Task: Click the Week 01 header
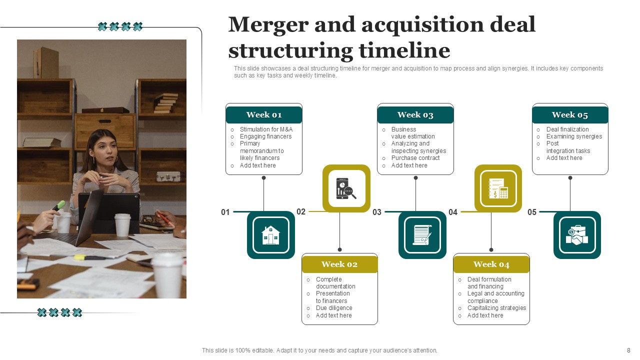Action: click(x=264, y=115)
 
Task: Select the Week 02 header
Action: click(x=339, y=264)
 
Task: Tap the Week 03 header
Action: click(x=415, y=115)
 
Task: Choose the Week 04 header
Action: click(x=491, y=264)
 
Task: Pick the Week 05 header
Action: click(x=570, y=115)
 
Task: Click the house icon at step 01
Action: click(x=271, y=235)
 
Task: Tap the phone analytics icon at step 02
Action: click(x=346, y=188)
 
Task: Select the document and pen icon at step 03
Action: click(x=422, y=235)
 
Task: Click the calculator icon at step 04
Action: click(x=498, y=188)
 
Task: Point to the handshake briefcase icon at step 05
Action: click(x=577, y=235)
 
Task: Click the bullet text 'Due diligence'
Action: click(x=334, y=308)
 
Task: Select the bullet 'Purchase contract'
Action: click(x=415, y=158)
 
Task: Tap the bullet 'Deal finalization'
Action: click(x=567, y=129)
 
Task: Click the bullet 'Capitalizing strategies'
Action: click(x=496, y=308)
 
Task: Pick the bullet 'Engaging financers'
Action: click(x=265, y=136)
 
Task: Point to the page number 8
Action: click(x=628, y=350)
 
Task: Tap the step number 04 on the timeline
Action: click(x=453, y=212)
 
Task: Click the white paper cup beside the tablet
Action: click(x=122, y=224)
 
